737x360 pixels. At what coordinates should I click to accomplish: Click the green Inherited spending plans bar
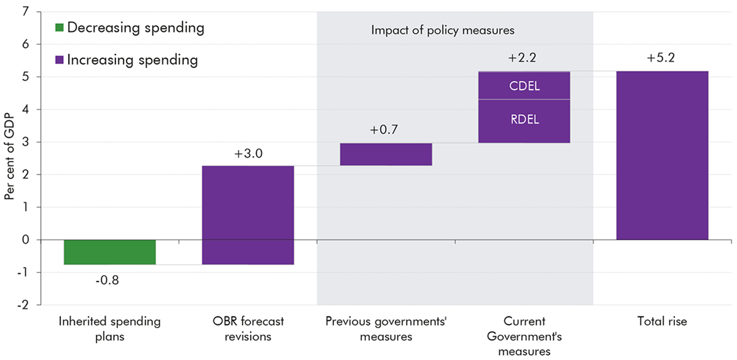pos(109,252)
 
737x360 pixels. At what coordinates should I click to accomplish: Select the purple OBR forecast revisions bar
pos(248,215)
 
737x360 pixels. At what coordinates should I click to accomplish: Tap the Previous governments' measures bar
pos(386,154)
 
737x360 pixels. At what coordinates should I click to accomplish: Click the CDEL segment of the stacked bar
pos(524,86)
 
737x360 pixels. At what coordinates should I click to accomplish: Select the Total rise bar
pos(662,155)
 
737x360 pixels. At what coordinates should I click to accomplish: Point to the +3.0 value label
pos(248,154)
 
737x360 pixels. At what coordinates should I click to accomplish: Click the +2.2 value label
pos(523,58)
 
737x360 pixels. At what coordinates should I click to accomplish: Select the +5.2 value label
pos(661,58)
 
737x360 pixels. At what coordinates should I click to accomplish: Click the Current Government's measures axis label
pos(524,336)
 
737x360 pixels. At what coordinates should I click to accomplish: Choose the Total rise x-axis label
pos(662,321)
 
